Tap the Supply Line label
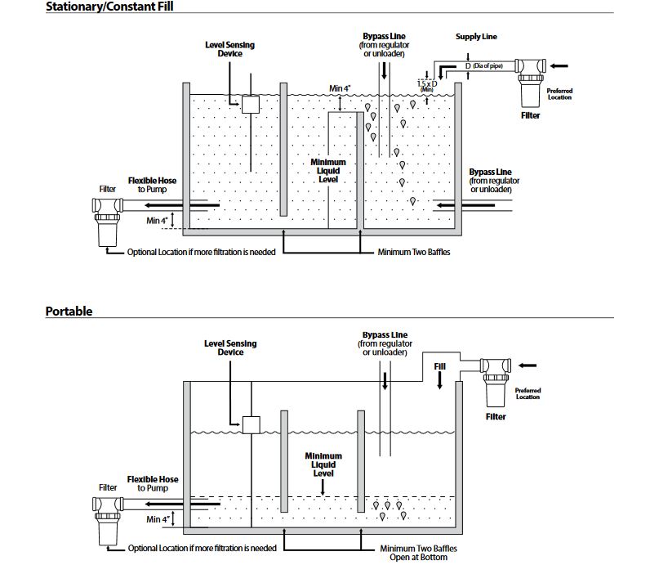476,37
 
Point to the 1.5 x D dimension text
425,84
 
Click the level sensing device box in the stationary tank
250,104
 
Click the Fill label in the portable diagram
439,367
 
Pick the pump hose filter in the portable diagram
108,518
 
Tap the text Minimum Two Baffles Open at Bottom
413,553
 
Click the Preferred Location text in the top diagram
559,94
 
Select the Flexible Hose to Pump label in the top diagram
153,185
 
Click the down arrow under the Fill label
439,383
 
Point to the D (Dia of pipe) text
485,65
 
